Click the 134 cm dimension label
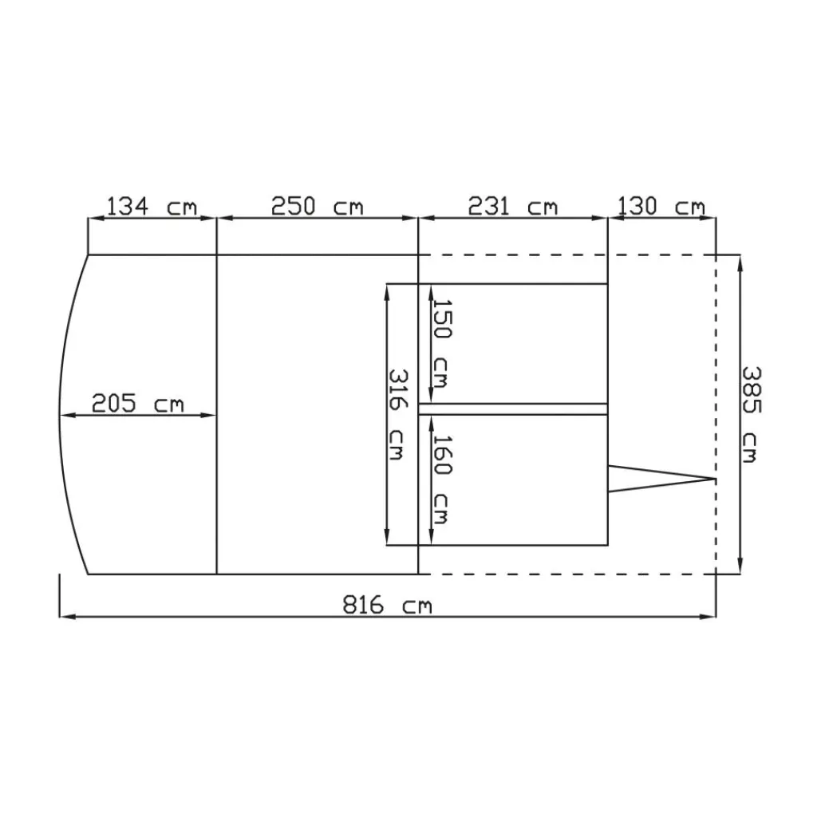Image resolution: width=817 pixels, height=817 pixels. (x=152, y=207)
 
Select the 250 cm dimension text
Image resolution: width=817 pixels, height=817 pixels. (x=317, y=207)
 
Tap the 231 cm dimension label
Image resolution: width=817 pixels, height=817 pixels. (x=512, y=207)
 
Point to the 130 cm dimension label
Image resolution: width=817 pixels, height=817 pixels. (x=661, y=207)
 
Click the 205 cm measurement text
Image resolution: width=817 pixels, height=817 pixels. (x=137, y=403)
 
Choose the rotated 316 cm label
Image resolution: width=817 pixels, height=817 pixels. (x=399, y=414)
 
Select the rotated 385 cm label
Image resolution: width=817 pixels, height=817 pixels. (x=752, y=414)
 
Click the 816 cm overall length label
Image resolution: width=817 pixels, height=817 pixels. (x=387, y=606)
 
